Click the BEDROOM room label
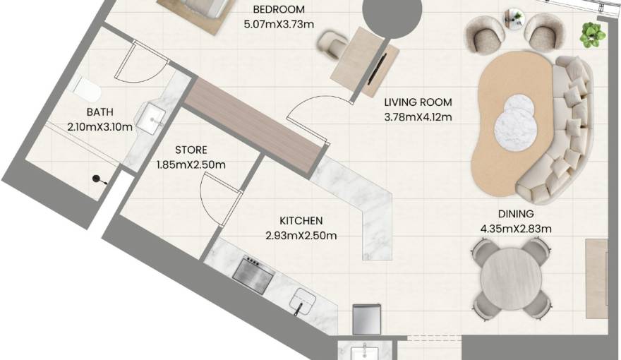279,9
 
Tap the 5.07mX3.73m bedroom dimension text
279,24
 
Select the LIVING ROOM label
418,102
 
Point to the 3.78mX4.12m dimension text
418,117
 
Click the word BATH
100,112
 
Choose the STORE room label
191,150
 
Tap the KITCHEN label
301,221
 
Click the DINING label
516,214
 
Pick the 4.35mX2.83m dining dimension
516,229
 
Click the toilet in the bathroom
85,89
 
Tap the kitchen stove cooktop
253,273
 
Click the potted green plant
593,35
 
